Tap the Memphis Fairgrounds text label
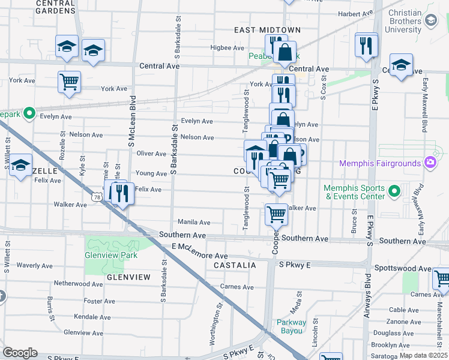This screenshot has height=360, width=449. pyautogui.click(x=381, y=163)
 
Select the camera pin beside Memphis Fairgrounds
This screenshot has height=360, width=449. pyautogui.click(x=430, y=162)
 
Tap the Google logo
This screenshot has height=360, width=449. pyautogui.click(x=20, y=353)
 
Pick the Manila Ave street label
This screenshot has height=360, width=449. pyautogui.click(x=193, y=223)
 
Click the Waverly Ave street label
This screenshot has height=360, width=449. pyautogui.click(x=35, y=265)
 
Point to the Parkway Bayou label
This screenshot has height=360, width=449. pyautogui.click(x=291, y=326)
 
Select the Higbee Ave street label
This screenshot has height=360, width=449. pyautogui.click(x=228, y=48)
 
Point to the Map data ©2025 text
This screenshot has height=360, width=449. pyautogui.click(x=423, y=355)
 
